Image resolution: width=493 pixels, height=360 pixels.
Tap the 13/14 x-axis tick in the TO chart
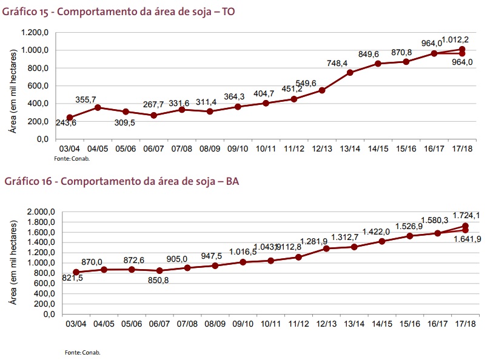(350, 148)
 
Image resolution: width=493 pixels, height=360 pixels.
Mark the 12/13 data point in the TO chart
(322, 90)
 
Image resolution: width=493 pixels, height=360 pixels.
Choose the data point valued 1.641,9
(465, 230)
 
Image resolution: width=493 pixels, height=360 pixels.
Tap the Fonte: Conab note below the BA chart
(82, 352)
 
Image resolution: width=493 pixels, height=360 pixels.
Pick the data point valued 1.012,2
(462, 49)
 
